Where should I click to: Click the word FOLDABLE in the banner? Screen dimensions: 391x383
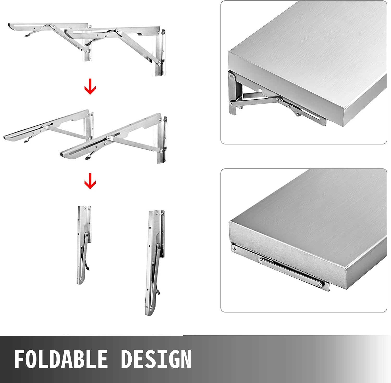[61, 359]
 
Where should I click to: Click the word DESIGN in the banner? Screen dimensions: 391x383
[156, 359]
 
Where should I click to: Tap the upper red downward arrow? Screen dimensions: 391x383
[90, 89]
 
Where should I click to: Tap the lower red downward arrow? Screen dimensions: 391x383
[90, 181]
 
